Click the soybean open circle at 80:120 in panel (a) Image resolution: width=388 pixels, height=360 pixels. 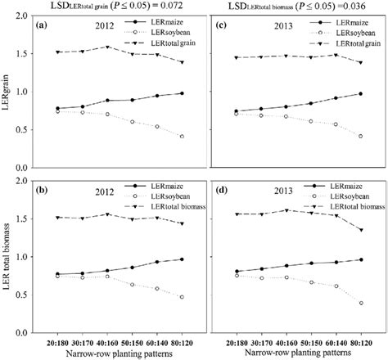[180, 136]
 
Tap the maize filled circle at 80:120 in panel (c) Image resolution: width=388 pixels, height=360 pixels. [361, 92]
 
